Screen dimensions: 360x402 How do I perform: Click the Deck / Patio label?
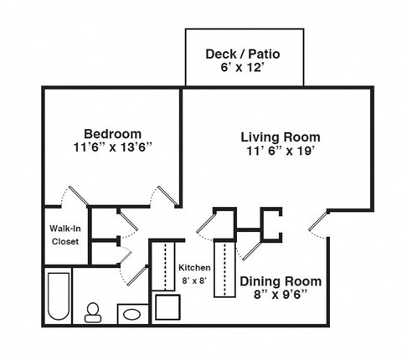coord(242,54)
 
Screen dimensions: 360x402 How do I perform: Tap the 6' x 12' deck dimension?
coord(242,69)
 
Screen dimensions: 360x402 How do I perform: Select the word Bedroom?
coord(112,133)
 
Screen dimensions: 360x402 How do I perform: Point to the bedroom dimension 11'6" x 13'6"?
coord(112,148)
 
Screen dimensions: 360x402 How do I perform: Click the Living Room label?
coord(280,136)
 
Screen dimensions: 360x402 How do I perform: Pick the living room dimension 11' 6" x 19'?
coord(280,152)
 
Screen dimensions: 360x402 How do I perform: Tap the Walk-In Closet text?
coord(64,234)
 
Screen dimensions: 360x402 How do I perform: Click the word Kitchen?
coord(194,268)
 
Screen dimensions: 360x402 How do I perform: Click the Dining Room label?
coord(281,281)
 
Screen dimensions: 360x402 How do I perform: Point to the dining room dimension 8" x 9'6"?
coord(281,296)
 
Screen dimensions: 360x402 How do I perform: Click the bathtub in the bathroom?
coord(58,296)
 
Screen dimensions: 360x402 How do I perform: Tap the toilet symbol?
coord(92,312)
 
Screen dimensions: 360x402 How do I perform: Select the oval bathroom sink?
coord(131,315)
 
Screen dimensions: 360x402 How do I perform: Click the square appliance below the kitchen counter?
coord(167,308)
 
